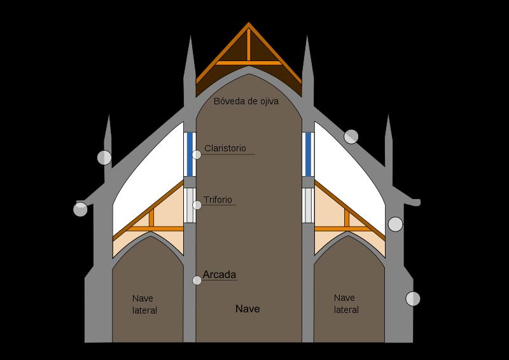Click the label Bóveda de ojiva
click(x=246, y=101)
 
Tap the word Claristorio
click(x=225, y=148)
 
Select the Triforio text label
click(x=218, y=200)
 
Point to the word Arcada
click(x=220, y=275)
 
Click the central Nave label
click(x=248, y=309)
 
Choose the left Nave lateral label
click(x=144, y=304)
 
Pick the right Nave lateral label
click(x=345, y=303)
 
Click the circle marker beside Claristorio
click(x=197, y=153)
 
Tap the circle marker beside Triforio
click(x=197, y=204)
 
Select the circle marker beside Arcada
click(x=197, y=280)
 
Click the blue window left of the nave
click(x=190, y=154)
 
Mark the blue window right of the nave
click(x=308, y=154)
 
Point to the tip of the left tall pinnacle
click(x=190, y=36)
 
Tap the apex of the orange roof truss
click(x=249, y=24)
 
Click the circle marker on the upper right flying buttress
click(x=351, y=136)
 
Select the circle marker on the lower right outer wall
click(x=413, y=298)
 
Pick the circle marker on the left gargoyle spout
click(x=81, y=209)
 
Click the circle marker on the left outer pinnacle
click(x=104, y=157)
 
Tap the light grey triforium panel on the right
click(x=308, y=205)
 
